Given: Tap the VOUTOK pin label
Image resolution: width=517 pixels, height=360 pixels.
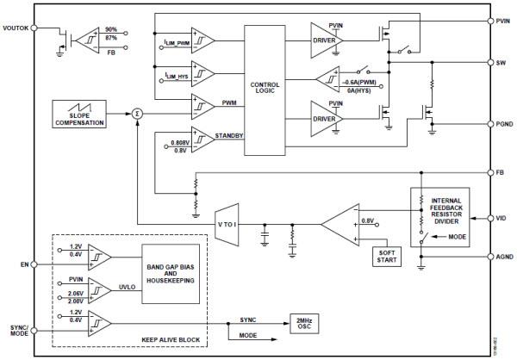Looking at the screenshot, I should [16, 28].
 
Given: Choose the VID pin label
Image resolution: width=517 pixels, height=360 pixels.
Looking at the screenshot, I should [501, 217].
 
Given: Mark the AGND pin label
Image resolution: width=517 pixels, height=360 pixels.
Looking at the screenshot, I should [504, 256].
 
